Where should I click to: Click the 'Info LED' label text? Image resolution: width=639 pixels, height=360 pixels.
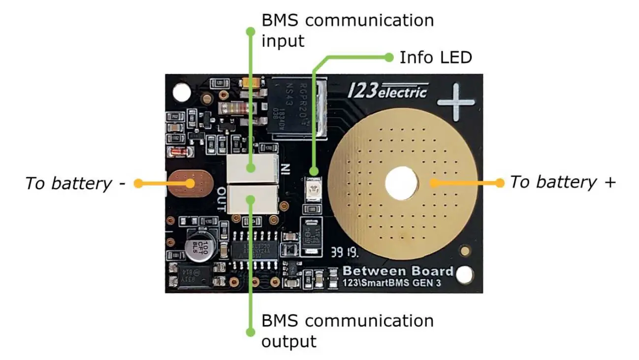point(436,58)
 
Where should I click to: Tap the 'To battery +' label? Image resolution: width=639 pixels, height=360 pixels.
point(562,182)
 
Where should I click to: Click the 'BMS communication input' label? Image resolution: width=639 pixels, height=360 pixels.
point(347,30)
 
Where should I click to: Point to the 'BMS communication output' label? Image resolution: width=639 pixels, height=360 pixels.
point(347,330)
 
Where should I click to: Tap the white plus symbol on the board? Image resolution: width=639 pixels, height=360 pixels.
point(456,102)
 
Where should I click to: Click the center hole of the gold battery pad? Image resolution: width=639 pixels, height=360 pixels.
point(402,183)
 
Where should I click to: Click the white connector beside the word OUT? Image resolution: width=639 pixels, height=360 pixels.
point(253,199)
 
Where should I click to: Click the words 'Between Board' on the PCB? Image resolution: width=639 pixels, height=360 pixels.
point(397,271)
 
